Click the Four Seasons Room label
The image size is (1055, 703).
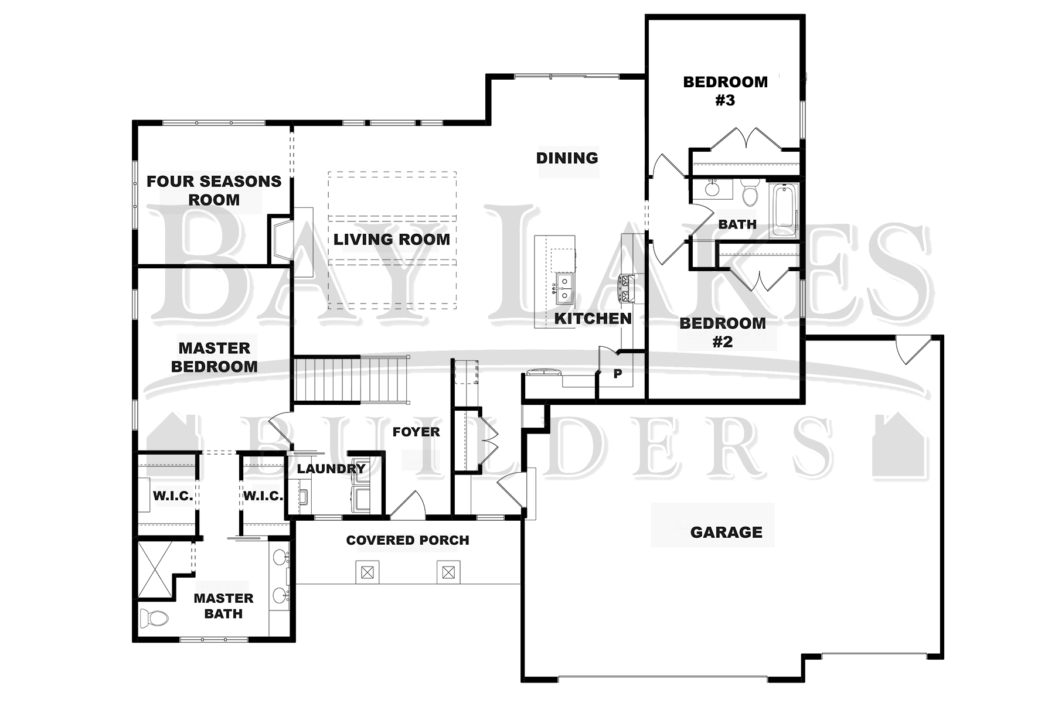click(214, 190)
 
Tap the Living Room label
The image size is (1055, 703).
click(392, 239)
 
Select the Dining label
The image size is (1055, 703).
click(567, 158)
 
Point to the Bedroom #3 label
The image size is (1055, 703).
click(725, 91)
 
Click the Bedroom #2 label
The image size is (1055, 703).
click(723, 332)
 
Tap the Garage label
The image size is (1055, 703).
click(726, 532)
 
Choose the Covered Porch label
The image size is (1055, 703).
click(407, 540)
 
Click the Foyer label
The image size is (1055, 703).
click(416, 432)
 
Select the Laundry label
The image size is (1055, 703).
click(331, 469)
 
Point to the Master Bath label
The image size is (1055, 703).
click(223, 606)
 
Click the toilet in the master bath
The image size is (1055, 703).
click(154, 617)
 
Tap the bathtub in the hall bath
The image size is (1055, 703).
click(784, 210)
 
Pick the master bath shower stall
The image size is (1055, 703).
click(156, 570)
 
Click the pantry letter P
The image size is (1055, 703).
click(617, 373)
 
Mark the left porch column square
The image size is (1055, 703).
click(367, 572)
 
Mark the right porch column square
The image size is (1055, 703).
click(448, 572)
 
